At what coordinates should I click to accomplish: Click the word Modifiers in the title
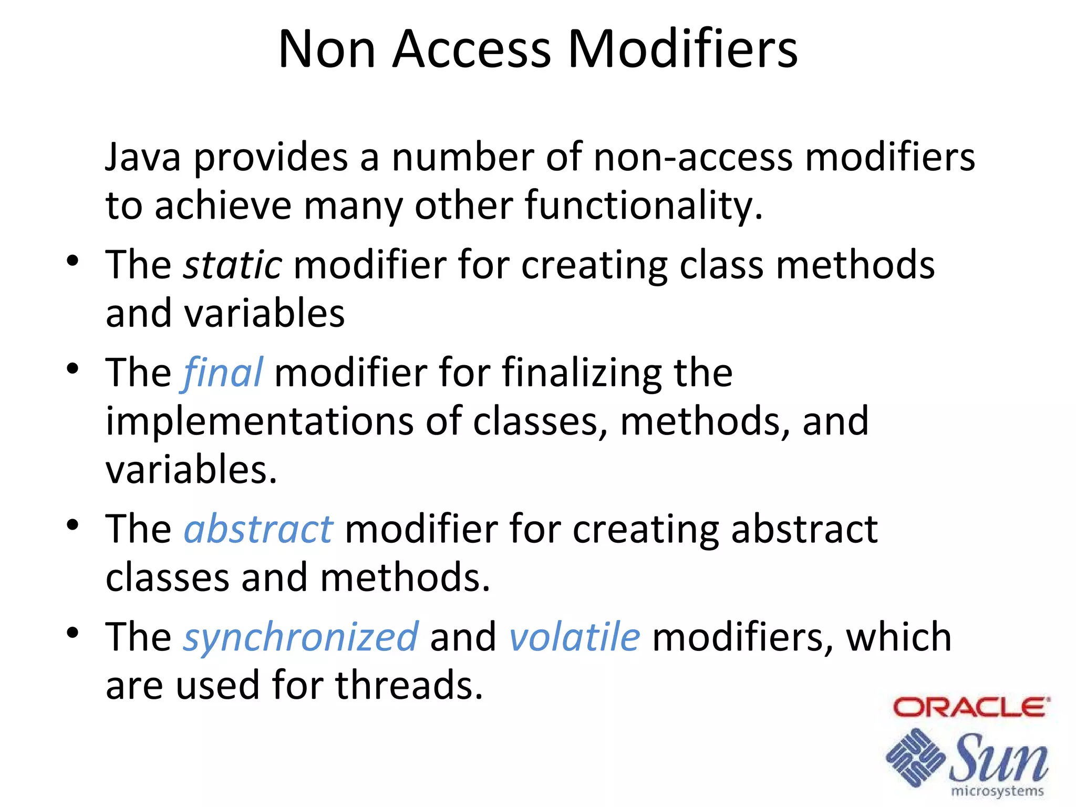(x=682, y=49)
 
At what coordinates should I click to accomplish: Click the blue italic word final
(x=223, y=373)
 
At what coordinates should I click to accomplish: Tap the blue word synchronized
(x=301, y=637)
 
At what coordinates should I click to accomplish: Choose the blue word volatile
(x=575, y=637)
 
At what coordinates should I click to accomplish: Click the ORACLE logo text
(x=971, y=707)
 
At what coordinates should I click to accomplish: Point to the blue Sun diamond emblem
(x=915, y=757)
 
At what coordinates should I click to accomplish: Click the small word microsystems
(x=997, y=791)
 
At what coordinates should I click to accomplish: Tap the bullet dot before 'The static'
(x=73, y=261)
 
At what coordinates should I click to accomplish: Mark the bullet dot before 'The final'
(x=73, y=369)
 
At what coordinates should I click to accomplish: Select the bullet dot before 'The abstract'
(x=73, y=525)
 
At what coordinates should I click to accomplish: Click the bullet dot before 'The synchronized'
(x=73, y=633)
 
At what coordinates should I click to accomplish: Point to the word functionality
(x=644, y=205)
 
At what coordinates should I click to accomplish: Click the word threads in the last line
(x=409, y=685)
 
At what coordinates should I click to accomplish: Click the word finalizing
(x=582, y=373)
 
